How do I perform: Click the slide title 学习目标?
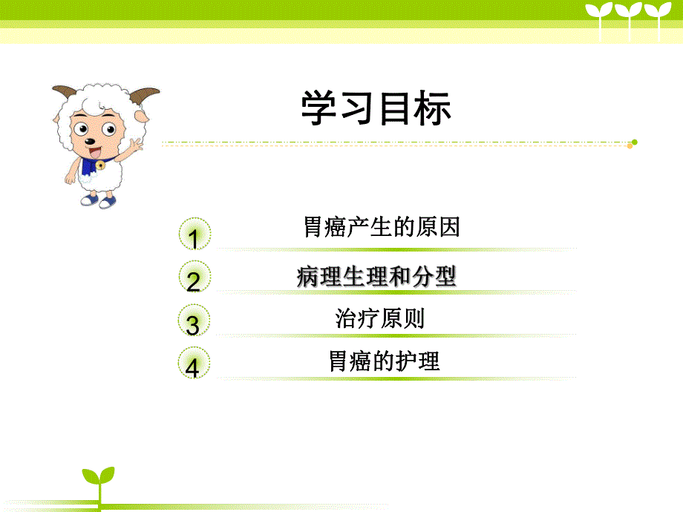tap(376, 109)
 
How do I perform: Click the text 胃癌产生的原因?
tap(382, 226)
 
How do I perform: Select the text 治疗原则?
tap(380, 319)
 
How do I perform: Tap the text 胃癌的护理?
tap(384, 361)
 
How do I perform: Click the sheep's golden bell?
tap(99, 165)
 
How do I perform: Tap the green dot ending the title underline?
tap(634, 142)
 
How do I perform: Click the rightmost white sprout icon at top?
tap(656, 15)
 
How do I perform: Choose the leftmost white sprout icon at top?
tap(600, 15)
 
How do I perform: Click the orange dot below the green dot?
tap(630, 146)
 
